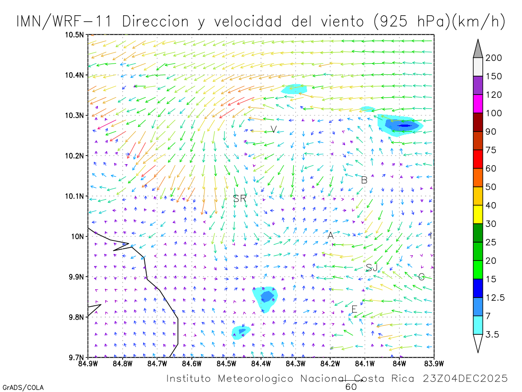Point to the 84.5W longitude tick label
[226, 363]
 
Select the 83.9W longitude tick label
[433, 363]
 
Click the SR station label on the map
[240, 199]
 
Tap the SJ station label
[371, 267]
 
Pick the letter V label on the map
[273, 129]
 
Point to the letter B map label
[365, 180]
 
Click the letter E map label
[354, 310]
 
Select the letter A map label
[331, 236]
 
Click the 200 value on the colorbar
[494, 58]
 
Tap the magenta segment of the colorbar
[478, 104]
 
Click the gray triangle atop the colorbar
[478, 48]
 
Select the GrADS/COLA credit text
[23, 387]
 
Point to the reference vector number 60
[351, 387]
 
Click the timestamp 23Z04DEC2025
[465, 378]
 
